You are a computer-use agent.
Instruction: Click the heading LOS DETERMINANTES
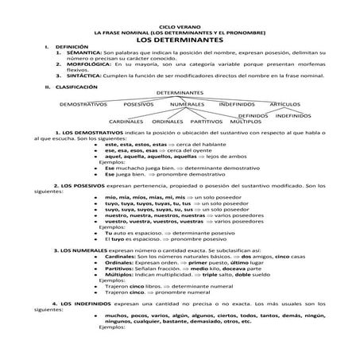click(179, 39)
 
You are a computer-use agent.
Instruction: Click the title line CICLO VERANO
click(179, 25)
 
